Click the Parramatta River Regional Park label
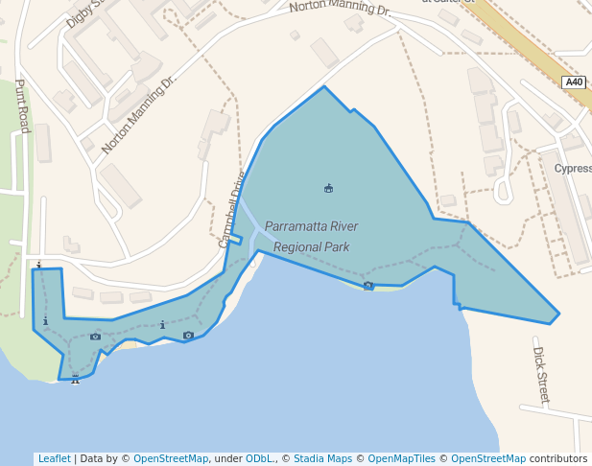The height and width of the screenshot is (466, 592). tap(311, 237)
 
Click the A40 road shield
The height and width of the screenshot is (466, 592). tap(574, 82)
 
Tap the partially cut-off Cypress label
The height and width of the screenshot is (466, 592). tap(573, 168)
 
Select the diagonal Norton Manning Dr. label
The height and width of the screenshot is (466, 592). tap(140, 113)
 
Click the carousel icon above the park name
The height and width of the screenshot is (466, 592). tap(329, 187)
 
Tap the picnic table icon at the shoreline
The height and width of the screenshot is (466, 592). tap(75, 380)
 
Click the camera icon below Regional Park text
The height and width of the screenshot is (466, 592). tap(368, 285)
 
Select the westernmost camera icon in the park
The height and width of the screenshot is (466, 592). tap(95, 336)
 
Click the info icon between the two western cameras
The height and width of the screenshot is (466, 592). tap(163, 325)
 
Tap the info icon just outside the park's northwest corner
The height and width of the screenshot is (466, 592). tap(38, 264)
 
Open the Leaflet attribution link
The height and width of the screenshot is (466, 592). tap(54, 458)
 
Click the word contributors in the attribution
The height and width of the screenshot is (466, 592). tap(558, 458)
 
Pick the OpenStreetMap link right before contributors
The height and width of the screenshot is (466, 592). tap(488, 458)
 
